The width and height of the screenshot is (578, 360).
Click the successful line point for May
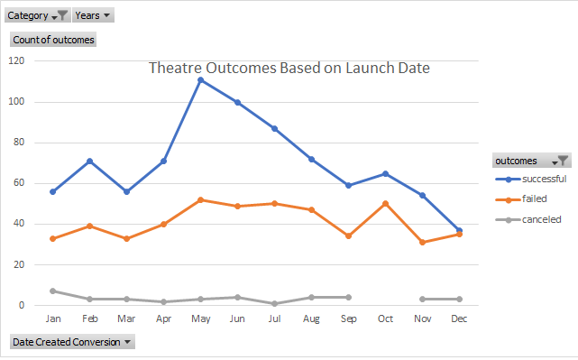(200, 79)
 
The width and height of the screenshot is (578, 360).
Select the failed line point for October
(385, 203)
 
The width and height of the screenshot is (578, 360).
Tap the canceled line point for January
(53, 291)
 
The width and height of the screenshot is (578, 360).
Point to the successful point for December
(459, 230)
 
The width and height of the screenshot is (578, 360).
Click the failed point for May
(200, 199)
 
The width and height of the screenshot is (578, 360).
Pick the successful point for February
(90, 161)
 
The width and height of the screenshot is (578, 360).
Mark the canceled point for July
(274, 303)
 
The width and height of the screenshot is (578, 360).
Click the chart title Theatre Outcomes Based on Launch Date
(289, 68)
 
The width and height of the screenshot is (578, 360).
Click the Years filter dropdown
(94, 15)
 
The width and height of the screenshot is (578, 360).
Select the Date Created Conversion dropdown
(71, 341)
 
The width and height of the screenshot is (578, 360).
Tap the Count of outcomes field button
(52, 40)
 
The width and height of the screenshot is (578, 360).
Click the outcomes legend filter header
(531, 161)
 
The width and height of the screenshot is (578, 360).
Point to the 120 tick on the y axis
(16, 60)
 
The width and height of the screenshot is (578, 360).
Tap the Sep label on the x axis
(348, 318)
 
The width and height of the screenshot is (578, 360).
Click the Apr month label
(163, 318)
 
